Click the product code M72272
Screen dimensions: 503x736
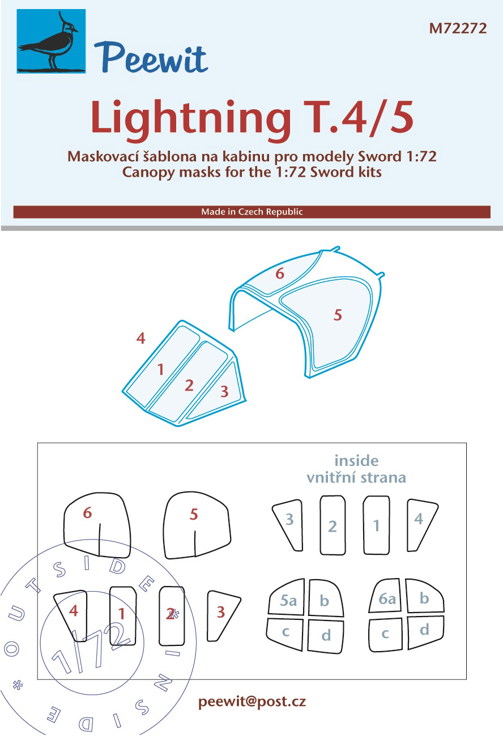458,28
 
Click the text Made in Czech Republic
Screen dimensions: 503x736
252,212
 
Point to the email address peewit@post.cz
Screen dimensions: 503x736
252,702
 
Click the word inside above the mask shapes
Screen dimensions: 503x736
356,461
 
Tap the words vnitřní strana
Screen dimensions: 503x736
356,477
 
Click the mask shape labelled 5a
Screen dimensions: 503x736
287,598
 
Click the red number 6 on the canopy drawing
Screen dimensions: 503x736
280,273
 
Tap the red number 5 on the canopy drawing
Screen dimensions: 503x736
338,315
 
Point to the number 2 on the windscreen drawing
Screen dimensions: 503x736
189,386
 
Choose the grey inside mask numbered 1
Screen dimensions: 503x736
377,525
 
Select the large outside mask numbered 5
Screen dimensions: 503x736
197,525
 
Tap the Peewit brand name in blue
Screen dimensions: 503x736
151,58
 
